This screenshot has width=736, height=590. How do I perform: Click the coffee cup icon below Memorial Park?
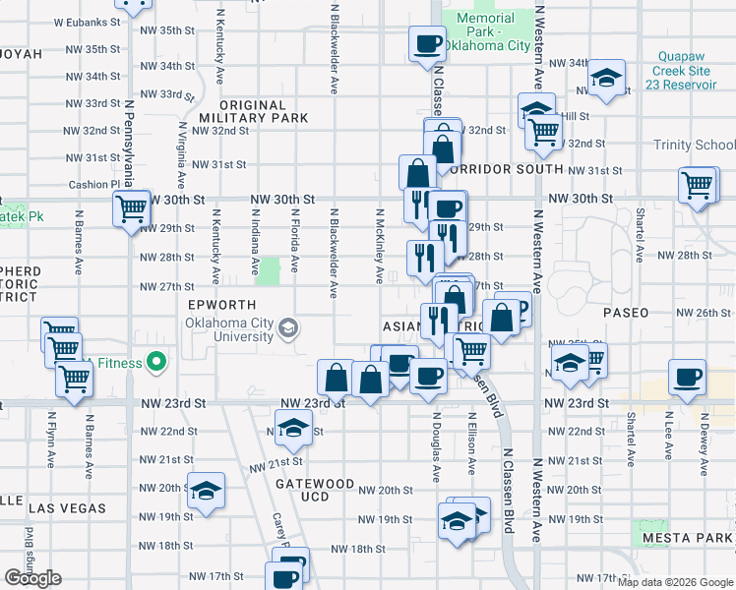tap(429, 43)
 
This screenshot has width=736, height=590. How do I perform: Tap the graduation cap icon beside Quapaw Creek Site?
tap(607, 78)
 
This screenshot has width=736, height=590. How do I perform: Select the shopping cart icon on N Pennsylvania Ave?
tap(131, 207)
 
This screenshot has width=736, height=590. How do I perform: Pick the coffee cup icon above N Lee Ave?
tap(687, 377)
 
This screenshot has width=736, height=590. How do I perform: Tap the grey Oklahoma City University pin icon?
tap(288, 327)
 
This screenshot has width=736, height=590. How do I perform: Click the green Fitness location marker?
tap(155, 363)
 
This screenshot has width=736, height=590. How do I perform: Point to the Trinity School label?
tap(694, 145)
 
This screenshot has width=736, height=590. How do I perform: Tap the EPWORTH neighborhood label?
tap(222, 305)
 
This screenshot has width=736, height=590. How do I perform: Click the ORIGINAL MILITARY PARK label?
tap(253, 111)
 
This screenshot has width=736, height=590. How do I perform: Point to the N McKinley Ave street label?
tap(380, 246)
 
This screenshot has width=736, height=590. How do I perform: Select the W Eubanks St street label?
tap(83, 21)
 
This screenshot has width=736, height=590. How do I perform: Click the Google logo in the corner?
tap(33, 578)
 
